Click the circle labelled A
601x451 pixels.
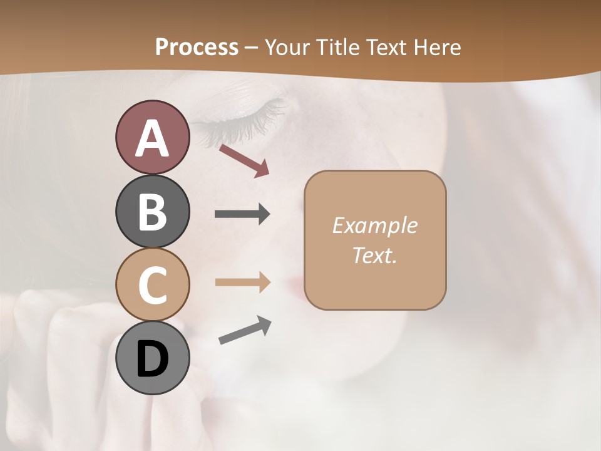(x=152, y=137)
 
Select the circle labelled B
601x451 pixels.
(x=152, y=211)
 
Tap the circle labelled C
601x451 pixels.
(x=152, y=284)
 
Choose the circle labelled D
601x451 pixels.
(x=152, y=358)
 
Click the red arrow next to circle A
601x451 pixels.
(x=244, y=160)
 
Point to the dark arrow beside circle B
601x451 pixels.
(x=242, y=214)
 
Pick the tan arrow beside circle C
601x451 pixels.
(x=242, y=283)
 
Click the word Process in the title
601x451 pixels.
(x=197, y=48)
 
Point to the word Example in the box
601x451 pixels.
(x=374, y=225)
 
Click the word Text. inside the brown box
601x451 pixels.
(x=374, y=255)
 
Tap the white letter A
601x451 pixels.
(x=152, y=138)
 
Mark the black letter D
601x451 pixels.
(x=152, y=359)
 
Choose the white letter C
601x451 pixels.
(x=152, y=285)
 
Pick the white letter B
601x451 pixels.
(x=152, y=212)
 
